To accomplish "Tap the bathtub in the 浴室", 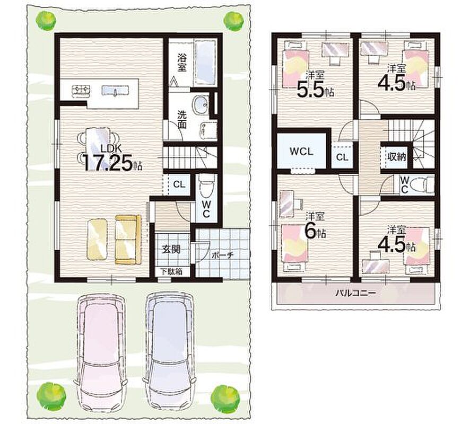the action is (x=205, y=63).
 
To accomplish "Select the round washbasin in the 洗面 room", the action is (x=200, y=105).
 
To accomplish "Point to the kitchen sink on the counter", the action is (x=115, y=91).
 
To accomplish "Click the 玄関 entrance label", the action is (x=171, y=249).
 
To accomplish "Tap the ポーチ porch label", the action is (x=222, y=255).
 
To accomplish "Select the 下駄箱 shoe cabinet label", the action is (x=171, y=272).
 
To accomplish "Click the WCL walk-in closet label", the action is (x=301, y=151).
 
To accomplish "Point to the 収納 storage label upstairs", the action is (x=397, y=156).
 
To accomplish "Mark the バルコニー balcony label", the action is (x=355, y=293).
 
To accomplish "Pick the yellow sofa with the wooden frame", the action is (x=128, y=239).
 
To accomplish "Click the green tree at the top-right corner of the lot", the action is (x=234, y=21).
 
